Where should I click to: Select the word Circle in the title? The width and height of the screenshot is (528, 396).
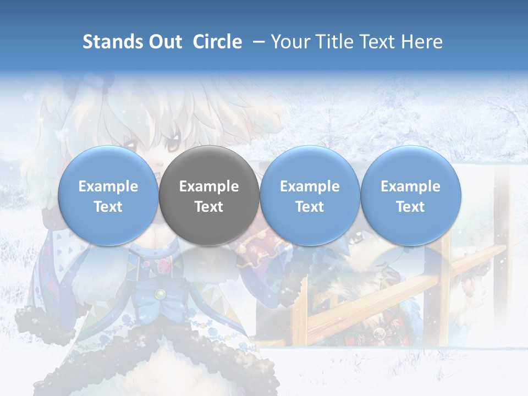[217, 42]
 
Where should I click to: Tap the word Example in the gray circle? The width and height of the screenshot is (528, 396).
[209, 186]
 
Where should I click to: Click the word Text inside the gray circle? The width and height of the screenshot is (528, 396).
[209, 207]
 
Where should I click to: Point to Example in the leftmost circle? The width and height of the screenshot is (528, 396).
[108, 186]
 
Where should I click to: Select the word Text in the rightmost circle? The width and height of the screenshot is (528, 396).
[411, 207]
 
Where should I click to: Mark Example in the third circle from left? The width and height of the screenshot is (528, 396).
[310, 186]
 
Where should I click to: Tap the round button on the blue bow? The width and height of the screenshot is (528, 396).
[159, 294]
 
